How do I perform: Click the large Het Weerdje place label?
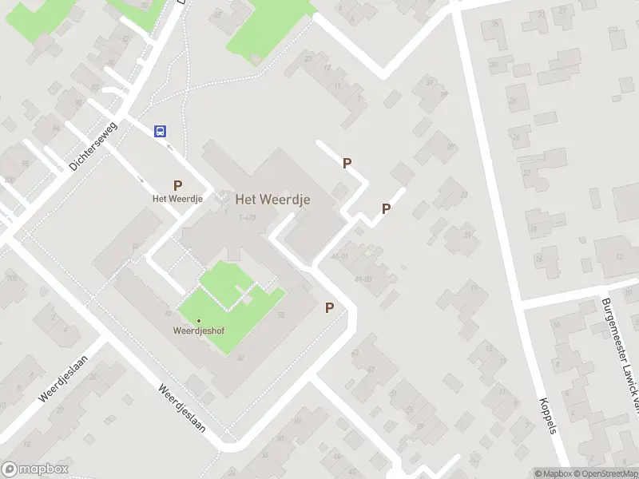point(272,199)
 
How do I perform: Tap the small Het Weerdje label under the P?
point(177,198)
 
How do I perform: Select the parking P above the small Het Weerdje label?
point(177,184)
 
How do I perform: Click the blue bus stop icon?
point(160,132)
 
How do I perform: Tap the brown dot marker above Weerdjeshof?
point(198,321)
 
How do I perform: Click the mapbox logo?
point(34,469)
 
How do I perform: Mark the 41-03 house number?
point(363,279)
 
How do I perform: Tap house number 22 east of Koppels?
point(526,172)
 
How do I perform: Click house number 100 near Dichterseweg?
point(9,180)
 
